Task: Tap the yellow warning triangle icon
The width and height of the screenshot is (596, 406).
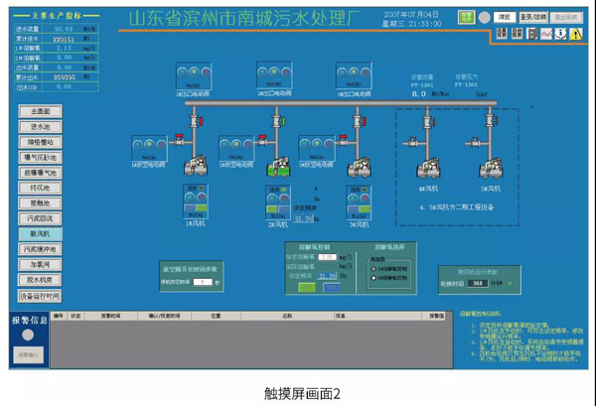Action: point(575,34)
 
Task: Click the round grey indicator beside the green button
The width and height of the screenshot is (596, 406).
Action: point(484,18)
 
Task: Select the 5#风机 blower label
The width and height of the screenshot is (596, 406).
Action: point(490,187)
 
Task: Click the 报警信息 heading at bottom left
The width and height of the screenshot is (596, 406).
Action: point(30,321)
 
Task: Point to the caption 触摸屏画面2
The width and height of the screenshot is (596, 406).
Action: point(297,392)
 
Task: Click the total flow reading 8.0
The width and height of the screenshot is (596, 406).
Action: point(418,92)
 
